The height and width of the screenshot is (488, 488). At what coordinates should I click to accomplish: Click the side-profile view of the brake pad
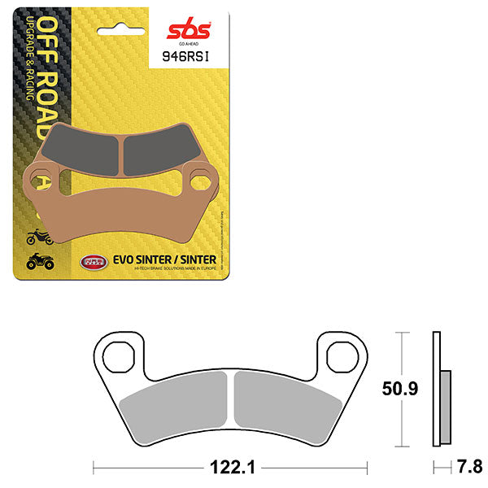tap(439, 390)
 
